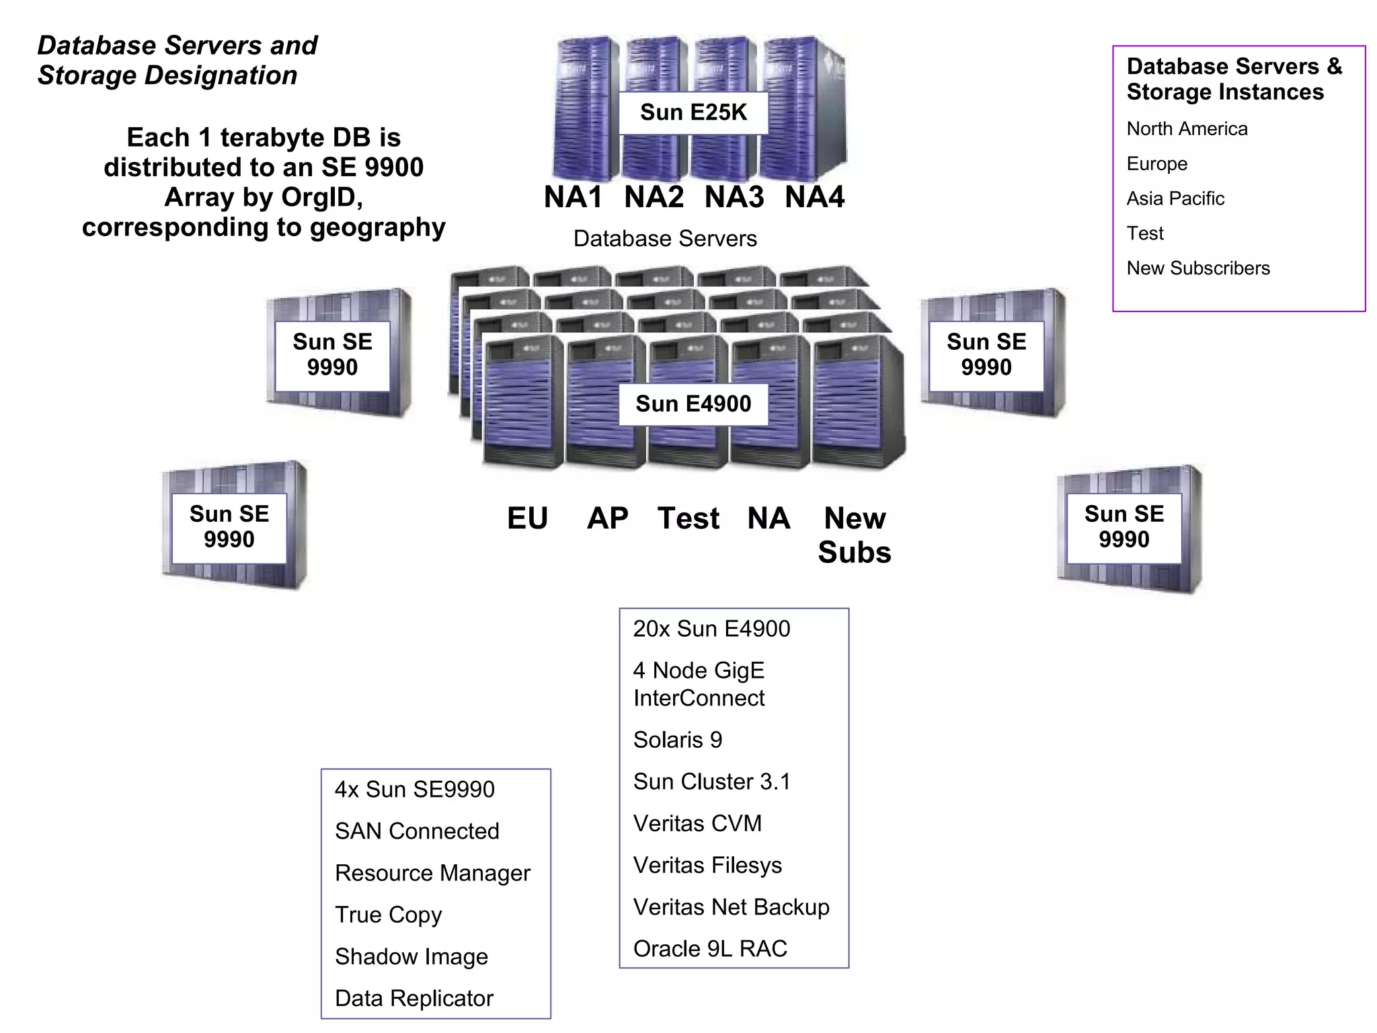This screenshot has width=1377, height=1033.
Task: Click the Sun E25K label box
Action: [693, 112]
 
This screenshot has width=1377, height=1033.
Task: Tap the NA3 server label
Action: [734, 197]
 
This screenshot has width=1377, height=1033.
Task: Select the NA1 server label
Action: [573, 197]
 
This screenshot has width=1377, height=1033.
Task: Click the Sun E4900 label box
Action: [693, 404]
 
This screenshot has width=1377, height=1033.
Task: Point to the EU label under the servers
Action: [528, 519]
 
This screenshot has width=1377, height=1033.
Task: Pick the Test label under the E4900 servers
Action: [688, 519]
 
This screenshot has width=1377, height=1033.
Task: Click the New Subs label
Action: [855, 535]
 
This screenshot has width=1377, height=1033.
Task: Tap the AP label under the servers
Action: [607, 519]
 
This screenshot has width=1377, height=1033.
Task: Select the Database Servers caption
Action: [665, 239]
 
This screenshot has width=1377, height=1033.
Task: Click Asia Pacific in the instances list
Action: [1175, 198]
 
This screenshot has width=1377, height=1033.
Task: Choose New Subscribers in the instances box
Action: [1198, 268]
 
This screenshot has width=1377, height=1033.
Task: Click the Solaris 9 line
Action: [678, 740]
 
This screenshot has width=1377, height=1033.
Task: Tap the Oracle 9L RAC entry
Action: [710, 949]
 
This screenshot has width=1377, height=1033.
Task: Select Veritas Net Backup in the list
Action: [732, 907]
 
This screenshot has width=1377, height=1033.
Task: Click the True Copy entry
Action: [389, 915]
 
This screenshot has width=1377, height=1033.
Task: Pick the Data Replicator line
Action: [414, 999]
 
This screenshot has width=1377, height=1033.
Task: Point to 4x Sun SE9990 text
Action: [415, 790]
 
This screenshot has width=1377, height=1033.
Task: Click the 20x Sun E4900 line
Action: [712, 629]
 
